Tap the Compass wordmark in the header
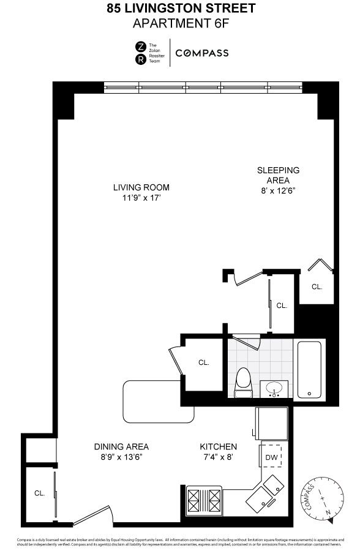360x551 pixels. tap(202, 53)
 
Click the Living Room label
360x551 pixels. tap(141, 187)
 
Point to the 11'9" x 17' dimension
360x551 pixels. tap(141, 198)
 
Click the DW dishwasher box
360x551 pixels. tap(272, 456)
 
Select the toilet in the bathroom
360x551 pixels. tap(243, 383)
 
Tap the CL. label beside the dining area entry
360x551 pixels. tap(40, 493)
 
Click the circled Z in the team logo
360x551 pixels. tap(140, 47)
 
